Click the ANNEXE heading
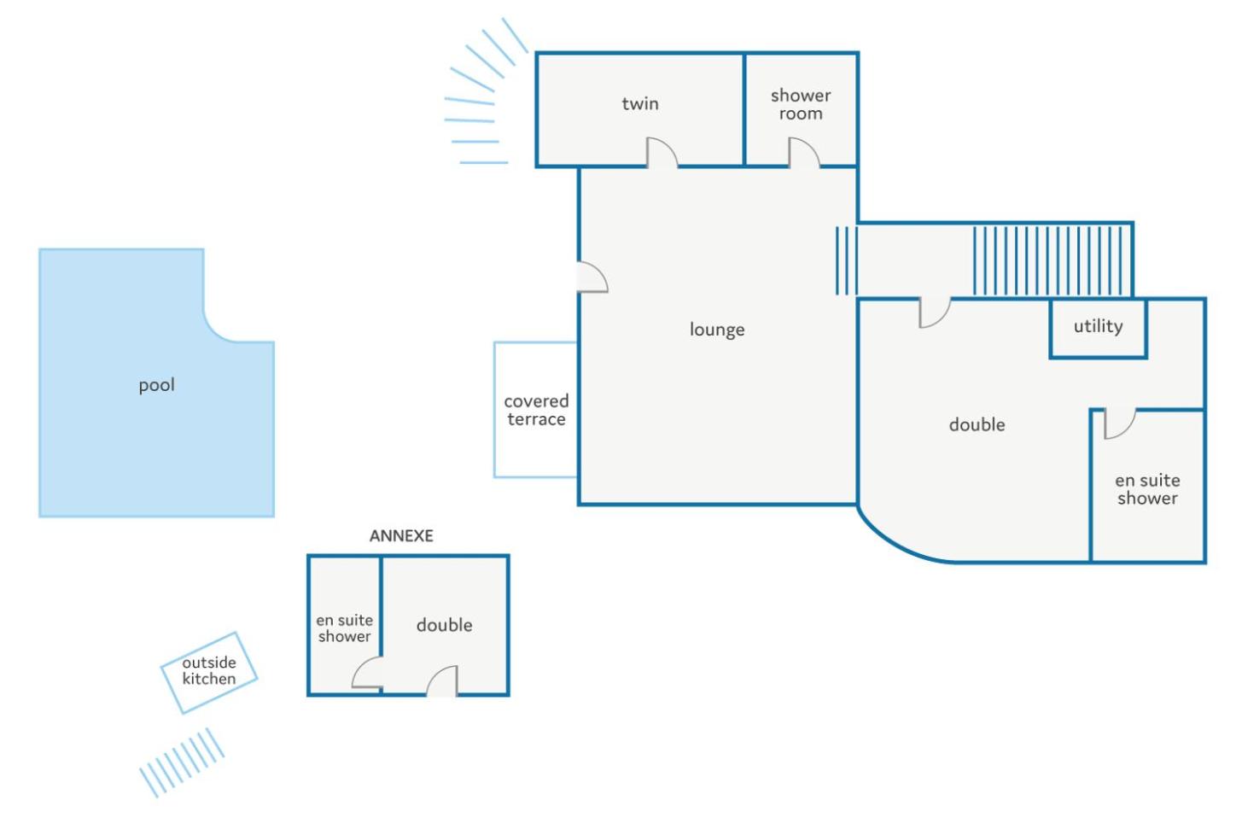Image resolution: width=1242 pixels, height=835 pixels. [x=401, y=536]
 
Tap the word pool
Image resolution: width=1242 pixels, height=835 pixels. [x=157, y=385]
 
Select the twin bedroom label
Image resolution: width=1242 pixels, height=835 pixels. [x=640, y=103]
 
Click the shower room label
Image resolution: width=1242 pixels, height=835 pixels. [x=801, y=105]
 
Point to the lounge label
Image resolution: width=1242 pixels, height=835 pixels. [x=717, y=330]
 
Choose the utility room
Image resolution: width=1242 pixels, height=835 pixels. [x=1099, y=328]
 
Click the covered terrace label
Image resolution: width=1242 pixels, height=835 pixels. [x=536, y=411]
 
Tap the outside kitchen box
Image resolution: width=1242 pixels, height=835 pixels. [x=209, y=673]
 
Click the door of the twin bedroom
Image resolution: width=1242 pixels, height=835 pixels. [x=662, y=153]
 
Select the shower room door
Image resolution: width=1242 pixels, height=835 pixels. [x=804, y=153]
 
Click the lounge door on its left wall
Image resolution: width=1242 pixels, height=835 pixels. [x=592, y=277]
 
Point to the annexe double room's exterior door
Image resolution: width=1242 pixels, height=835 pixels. [x=442, y=680]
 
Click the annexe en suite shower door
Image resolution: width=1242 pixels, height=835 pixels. [x=367, y=673]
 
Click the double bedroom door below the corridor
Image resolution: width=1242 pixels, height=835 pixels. [x=935, y=313]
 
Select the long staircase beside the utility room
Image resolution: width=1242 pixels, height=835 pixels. [x=1053, y=260]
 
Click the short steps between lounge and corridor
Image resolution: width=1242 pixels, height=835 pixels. [x=847, y=260]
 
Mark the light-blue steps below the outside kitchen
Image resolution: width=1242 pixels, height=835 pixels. [x=182, y=763]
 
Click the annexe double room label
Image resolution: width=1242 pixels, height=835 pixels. [x=444, y=626]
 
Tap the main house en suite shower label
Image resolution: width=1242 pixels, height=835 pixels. [x=1147, y=489]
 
